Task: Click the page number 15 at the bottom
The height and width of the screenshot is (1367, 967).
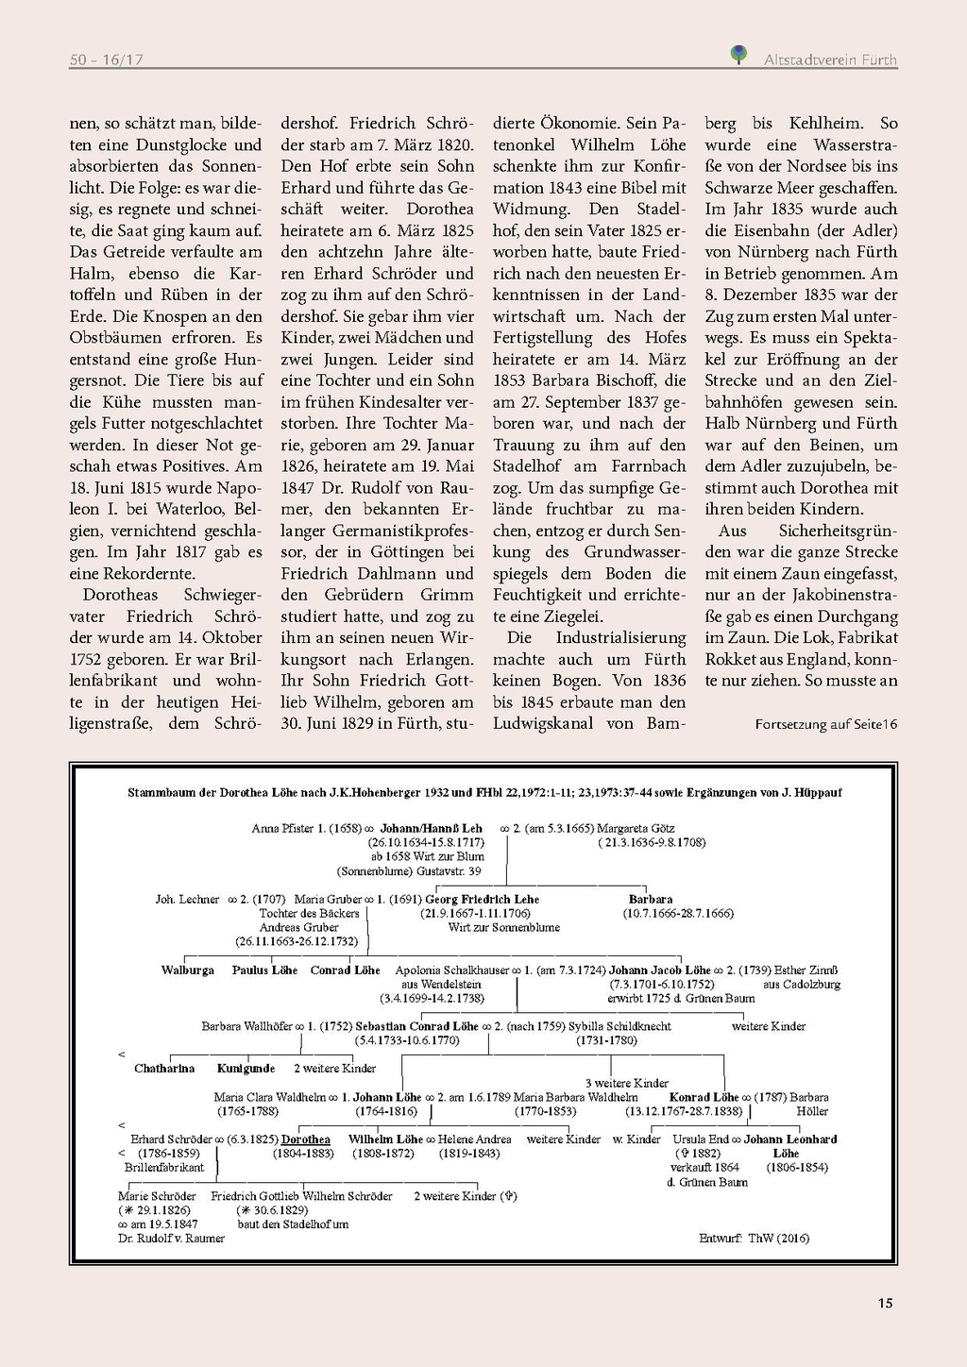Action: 885,1303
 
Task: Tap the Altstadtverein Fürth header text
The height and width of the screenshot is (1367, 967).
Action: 830,59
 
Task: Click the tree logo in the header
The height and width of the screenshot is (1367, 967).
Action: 739,55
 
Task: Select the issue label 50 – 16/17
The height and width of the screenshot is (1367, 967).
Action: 106,59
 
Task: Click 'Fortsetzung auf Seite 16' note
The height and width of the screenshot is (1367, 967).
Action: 825,724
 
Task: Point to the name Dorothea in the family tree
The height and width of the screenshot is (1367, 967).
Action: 306,1139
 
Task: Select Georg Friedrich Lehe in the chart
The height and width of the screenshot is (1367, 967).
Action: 482,899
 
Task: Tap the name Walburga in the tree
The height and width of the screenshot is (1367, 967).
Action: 187,970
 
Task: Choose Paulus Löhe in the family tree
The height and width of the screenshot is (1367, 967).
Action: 264,970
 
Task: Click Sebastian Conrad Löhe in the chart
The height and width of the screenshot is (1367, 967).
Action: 417,1026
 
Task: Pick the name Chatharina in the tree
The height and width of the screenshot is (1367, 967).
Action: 164,1069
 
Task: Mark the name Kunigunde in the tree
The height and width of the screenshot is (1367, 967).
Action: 246,1069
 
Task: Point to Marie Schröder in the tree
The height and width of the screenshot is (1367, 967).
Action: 157,1196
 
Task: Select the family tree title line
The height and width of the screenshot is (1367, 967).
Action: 484,793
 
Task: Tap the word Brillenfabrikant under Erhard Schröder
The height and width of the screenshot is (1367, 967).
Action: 164,1168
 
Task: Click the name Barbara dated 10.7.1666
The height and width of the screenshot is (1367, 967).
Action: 651,899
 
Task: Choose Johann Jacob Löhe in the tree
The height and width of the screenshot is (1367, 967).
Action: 659,970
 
